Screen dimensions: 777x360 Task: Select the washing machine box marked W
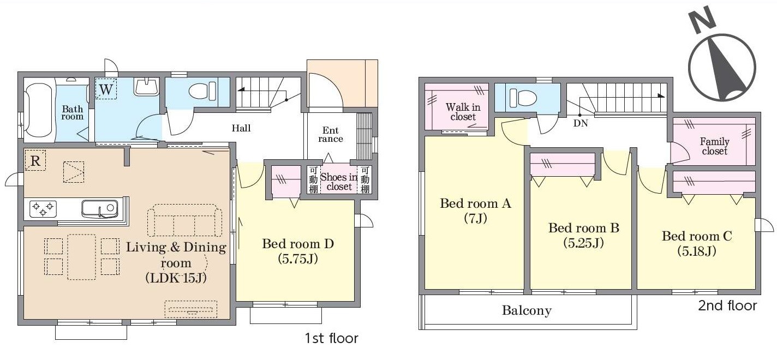106,89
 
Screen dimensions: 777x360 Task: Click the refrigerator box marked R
35,160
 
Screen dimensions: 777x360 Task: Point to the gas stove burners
43,209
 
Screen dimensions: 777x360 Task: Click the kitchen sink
99,209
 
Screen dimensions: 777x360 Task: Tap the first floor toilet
202,92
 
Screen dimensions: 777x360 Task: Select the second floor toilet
523,98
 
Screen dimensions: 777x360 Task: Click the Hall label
241,128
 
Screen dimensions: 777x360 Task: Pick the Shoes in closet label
338,182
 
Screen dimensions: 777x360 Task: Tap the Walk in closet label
463,112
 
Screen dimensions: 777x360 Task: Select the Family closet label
715,146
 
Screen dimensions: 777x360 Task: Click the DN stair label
581,123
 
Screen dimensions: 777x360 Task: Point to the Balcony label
527,310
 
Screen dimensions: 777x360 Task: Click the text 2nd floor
727,305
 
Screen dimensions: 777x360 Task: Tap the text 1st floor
332,338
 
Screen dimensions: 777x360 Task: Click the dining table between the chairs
81,257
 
